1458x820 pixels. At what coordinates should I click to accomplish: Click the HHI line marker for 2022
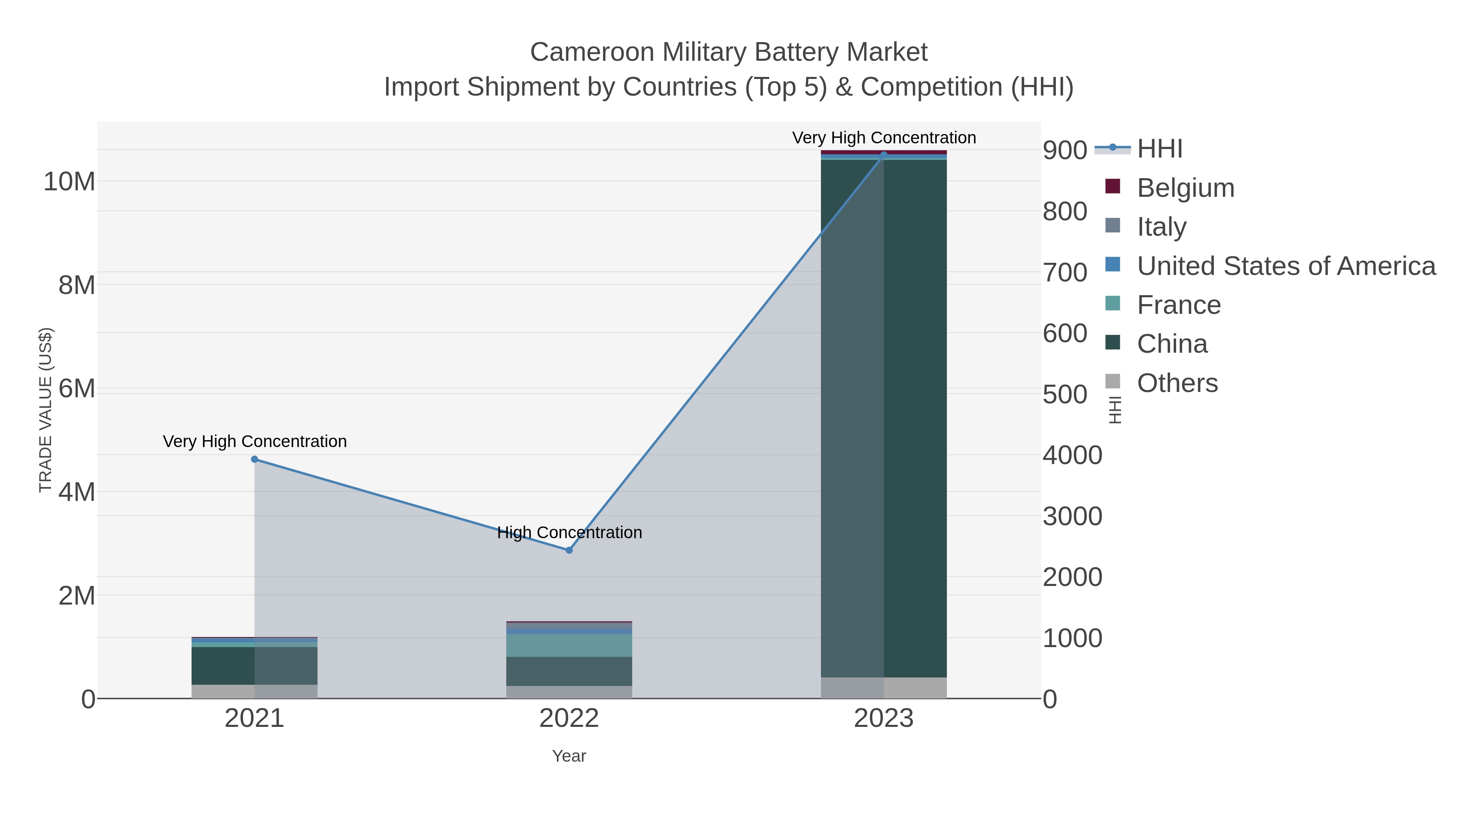pos(569,550)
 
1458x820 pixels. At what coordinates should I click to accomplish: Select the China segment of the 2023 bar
pos(884,419)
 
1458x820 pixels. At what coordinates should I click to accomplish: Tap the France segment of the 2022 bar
pos(569,645)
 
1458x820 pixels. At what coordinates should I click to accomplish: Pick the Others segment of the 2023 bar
pos(884,688)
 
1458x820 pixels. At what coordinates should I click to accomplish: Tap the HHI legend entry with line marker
pos(1159,149)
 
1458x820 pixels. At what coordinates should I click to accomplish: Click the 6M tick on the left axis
pos(77,389)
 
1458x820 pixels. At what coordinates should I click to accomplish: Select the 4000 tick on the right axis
pos(1072,455)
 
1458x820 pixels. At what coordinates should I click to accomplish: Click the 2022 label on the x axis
pos(569,719)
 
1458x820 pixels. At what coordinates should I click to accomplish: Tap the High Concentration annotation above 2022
pos(569,532)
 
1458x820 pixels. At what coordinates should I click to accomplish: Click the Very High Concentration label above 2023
pos(884,138)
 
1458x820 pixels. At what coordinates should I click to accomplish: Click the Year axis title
pos(569,756)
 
